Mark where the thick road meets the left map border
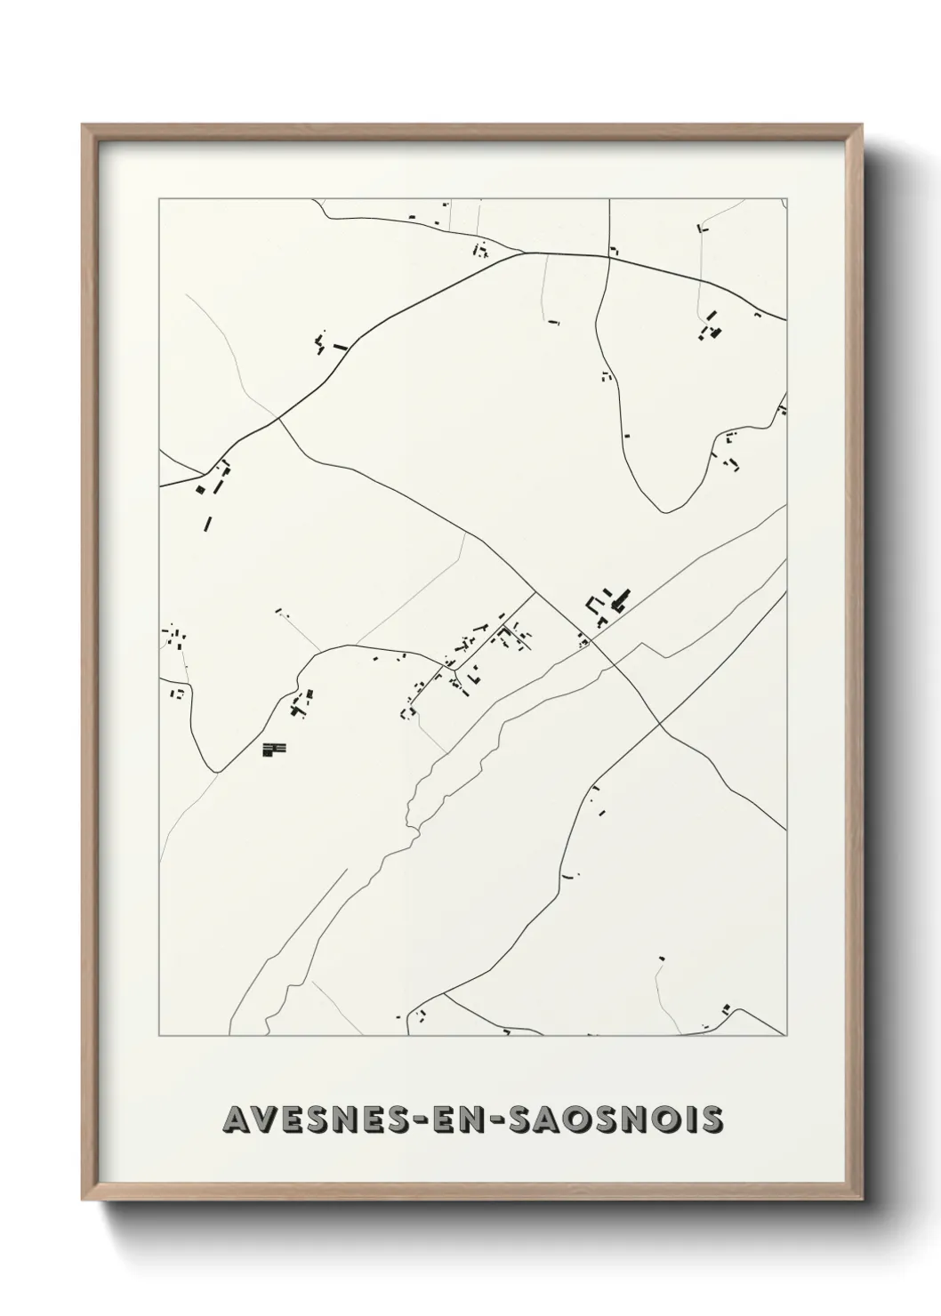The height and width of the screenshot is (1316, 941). (x=160, y=485)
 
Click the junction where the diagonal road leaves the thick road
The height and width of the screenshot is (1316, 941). (x=279, y=419)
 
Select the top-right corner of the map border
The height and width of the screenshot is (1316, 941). (x=786, y=199)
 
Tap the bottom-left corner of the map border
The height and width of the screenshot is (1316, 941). (x=159, y=1035)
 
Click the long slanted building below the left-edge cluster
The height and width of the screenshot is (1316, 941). (x=207, y=523)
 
